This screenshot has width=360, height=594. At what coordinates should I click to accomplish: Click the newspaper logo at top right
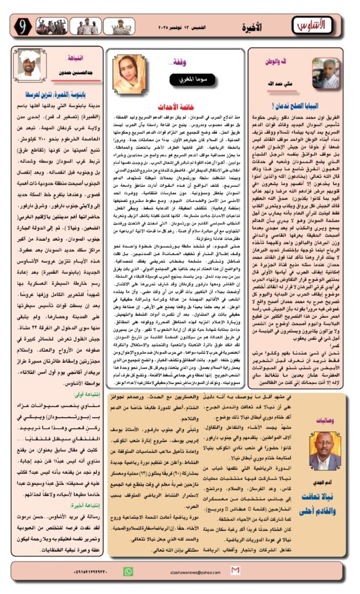(x=324, y=26)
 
